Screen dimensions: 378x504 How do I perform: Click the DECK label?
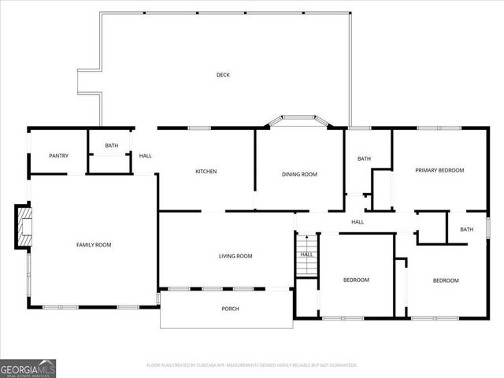(224, 75)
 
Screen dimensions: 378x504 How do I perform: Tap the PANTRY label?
(59, 156)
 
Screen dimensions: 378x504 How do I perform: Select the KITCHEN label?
(206, 172)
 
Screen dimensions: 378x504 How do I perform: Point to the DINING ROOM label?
(299, 174)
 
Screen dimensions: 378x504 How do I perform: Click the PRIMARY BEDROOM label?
(439, 170)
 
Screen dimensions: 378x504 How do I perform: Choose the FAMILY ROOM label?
(94, 245)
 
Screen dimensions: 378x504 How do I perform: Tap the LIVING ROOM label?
(235, 256)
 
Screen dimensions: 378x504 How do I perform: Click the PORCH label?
(229, 309)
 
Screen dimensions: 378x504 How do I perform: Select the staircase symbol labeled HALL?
(307, 254)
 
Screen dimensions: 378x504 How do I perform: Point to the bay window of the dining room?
(298, 120)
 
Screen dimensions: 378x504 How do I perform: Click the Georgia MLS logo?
(28, 368)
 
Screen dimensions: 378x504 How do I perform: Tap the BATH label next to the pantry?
(112, 146)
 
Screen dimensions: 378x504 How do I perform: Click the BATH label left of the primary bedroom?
(364, 159)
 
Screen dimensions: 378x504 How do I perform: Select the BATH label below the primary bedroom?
(467, 230)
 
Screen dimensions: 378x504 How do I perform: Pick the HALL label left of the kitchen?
(146, 156)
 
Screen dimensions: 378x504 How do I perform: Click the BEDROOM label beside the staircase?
(356, 280)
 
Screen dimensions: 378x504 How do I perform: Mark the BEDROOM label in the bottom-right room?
(445, 280)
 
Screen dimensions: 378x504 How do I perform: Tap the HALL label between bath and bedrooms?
(358, 222)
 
